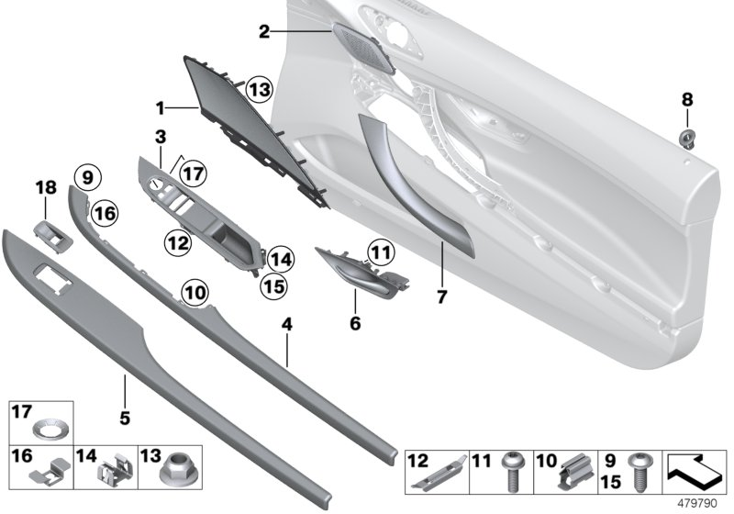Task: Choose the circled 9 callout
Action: click(x=85, y=176)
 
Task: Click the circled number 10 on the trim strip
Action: click(x=194, y=291)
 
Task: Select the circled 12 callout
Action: click(x=178, y=242)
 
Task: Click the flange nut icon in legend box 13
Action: click(x=171, y=475)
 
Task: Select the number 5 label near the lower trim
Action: click(x=125, y=418)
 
